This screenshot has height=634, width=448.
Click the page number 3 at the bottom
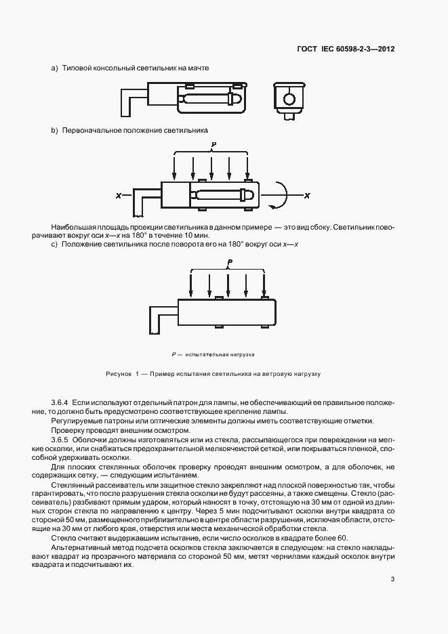(x=392, y=578)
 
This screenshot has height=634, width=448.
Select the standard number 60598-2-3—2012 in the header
(x=362, y=49)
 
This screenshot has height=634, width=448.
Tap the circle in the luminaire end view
(x=289, y=100)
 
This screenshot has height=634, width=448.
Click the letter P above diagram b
(x=213, y=145)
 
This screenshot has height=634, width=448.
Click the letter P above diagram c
(x=230, y=262)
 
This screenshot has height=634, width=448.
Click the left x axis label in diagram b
(x=119, y=196)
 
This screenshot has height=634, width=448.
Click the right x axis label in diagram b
(x=306, y=196)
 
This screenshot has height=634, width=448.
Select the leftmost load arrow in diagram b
(x=175, y=167)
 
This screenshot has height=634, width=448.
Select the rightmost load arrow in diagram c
(x=263, y=284)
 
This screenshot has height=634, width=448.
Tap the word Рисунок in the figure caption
(x=119, y=374)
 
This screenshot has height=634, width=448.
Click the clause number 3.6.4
(x=60, y=403)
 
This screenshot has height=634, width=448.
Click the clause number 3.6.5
(x=60, y=438)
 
